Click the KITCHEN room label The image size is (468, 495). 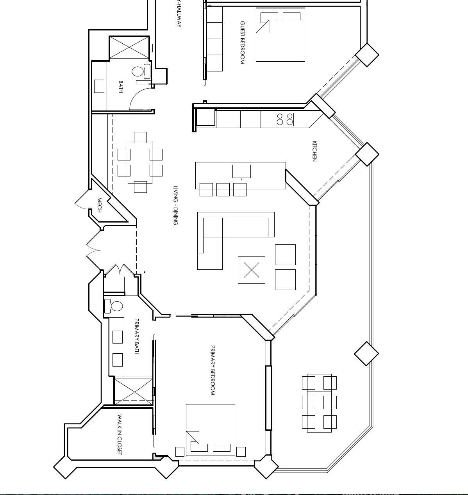314,151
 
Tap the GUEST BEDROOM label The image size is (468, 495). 242,43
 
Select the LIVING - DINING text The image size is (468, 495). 176,205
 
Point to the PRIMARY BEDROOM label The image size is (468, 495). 213,370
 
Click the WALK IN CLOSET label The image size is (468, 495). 120,434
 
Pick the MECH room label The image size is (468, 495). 99,205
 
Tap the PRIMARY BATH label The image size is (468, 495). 136,336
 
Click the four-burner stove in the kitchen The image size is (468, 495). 285,119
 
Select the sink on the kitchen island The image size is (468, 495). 241,171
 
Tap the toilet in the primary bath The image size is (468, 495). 117,306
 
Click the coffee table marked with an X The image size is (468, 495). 252,270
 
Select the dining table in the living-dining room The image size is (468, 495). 140,162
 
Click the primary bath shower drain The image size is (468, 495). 134,392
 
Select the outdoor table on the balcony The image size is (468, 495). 319,403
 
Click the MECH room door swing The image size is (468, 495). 80,201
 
